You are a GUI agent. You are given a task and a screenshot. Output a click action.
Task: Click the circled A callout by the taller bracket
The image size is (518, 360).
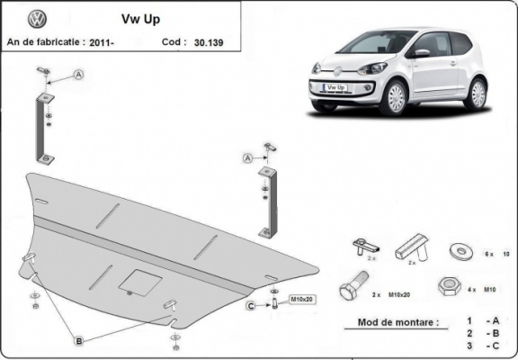[79, 75]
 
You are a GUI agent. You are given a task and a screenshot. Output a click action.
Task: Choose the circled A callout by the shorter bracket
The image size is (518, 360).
[246, 158]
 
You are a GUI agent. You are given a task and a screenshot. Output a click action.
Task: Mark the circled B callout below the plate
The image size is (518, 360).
[79, 340]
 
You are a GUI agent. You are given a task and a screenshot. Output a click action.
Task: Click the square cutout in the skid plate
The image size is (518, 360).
[141, 280]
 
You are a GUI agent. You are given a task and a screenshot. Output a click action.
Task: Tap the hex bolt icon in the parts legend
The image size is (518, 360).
[352, 289]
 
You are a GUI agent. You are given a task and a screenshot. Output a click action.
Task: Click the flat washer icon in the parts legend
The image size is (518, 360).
[461, 249]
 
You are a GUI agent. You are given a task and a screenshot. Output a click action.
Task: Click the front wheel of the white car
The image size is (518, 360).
[392, 96]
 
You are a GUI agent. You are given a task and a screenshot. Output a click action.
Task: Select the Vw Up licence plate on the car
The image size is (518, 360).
[335, 88]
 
